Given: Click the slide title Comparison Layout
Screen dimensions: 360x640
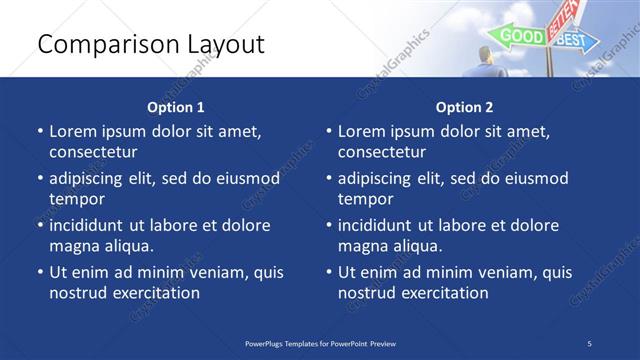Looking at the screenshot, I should click(151, 44).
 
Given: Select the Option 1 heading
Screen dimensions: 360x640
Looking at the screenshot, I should click(176, 107).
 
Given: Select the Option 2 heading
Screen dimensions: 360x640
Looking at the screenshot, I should click(464, 107).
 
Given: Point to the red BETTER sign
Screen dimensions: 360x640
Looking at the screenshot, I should click(561, 18).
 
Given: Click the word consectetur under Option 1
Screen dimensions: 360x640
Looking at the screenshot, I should click(93, 152).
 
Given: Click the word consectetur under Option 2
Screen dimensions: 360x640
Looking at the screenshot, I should click(382, 152).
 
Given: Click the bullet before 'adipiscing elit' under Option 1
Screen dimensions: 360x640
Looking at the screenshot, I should click(39, 179).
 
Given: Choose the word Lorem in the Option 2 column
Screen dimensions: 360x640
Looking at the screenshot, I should click(361, 131).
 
